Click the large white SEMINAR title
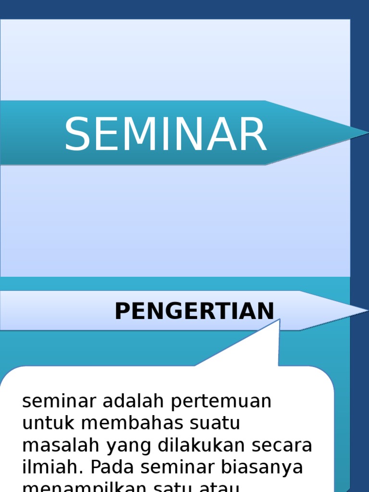pyautogui.click(x=165, y=135)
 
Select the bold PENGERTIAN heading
pyautogui.click(x=194, y=311)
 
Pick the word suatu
pyautogui.click(x=218, y=423)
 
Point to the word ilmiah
pyautogui.click(x=52, y=467)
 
